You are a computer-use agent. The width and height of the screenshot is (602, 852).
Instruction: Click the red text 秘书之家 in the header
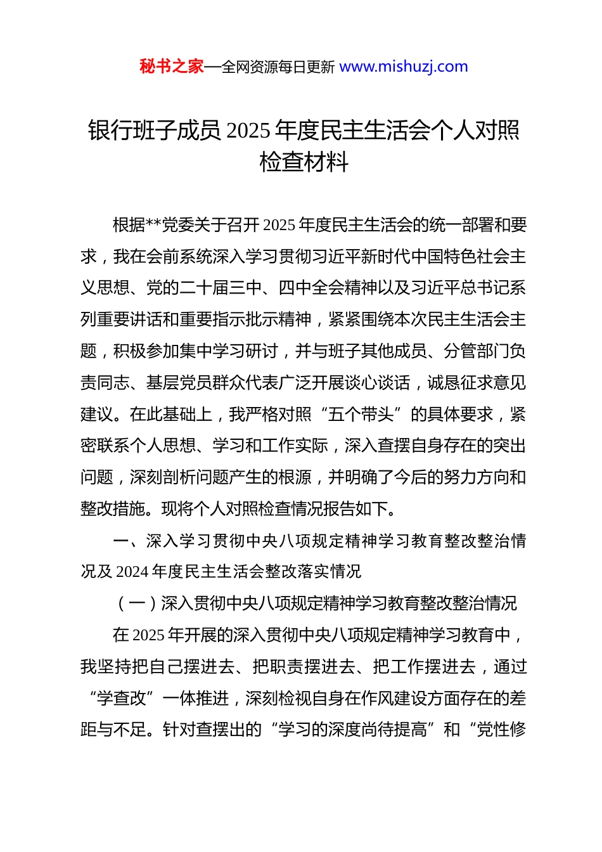click(x=172, y=67)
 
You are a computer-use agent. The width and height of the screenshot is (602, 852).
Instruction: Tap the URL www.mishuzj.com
click(x=404, y=67)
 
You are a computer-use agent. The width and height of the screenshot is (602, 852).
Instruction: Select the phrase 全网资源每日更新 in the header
click(x=278, y=67)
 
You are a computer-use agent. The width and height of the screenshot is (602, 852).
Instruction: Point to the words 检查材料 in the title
click(x=304, y=162)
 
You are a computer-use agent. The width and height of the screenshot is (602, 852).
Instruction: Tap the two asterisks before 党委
click(x=154, y=226)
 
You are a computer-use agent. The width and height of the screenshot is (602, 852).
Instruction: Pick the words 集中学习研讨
click(x=229, y=351)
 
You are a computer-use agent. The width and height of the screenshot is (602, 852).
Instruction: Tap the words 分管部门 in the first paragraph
click(x=476, y=351)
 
